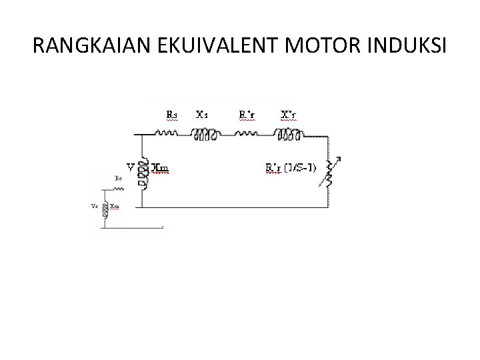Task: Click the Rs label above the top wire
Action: pyautogui.click(x=171, y=115)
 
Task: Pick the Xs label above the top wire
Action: pyautogui.click(x=201, y=115)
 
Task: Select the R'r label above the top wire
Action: pyautogui.click(x=246, y=115)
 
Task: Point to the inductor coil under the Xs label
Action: pyautogui.click(x=205, y=134)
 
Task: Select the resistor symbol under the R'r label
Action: pyautogui.click(x=246, y=133)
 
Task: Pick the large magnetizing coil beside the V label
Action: pyautogui.click(x=141, y=171)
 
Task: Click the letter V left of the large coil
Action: pyautogui.click(x=131, y=167)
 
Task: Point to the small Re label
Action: pyautogui.click(x=118, y=179)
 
